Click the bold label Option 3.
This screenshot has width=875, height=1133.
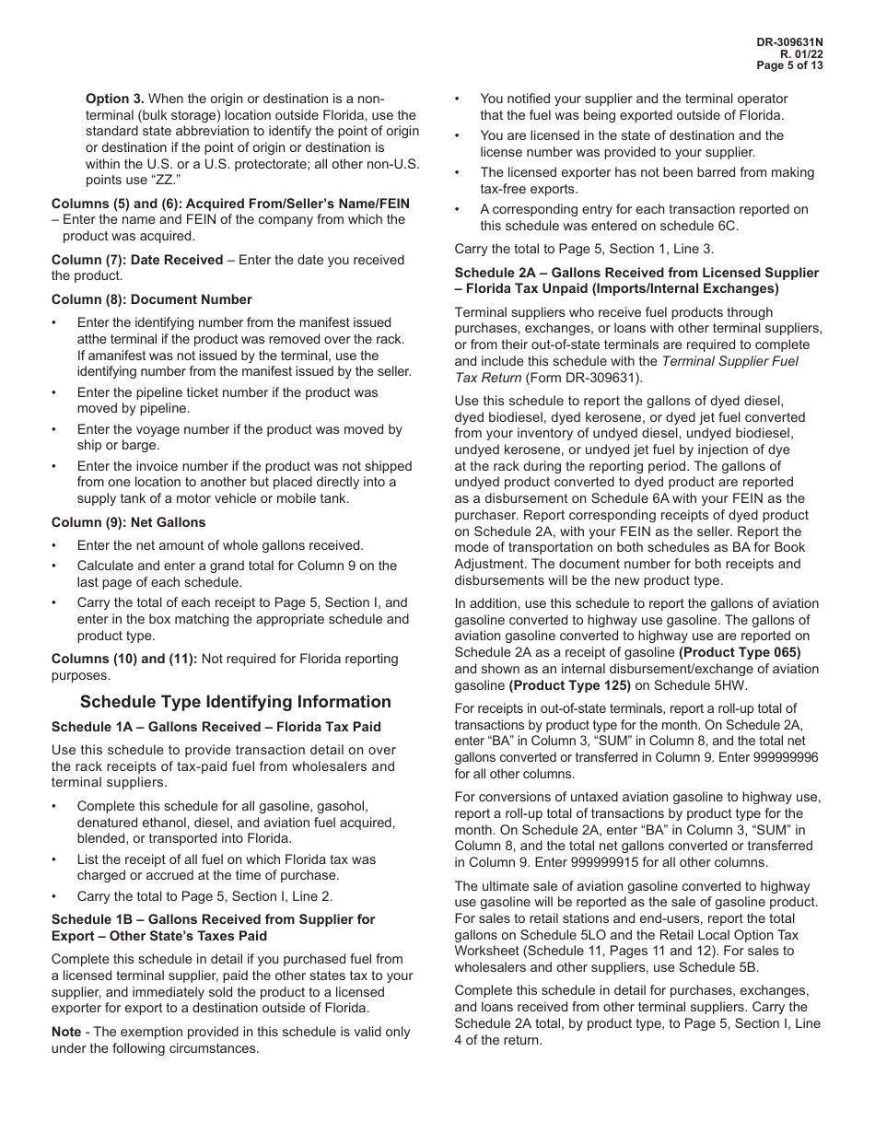[x=115, y=99]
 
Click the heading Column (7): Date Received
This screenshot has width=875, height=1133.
[x=137, y=260]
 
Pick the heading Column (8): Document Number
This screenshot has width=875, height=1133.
[x=151, y=299]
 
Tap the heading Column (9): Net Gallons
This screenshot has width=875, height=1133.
[x=128, y=522]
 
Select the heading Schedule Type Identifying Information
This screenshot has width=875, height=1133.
[x=235, y=702]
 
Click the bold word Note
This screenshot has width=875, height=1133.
[x=67, y=1032]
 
